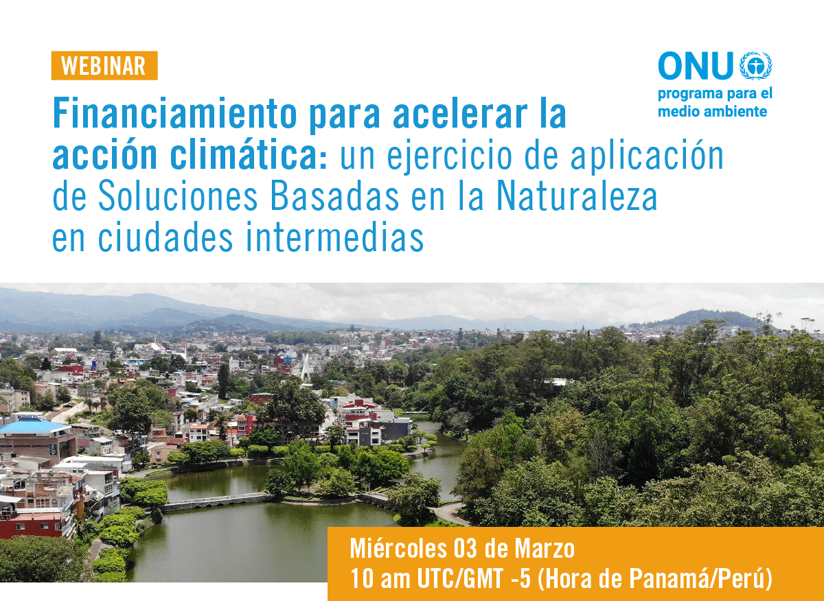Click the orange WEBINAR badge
click(104, 65)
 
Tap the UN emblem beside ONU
click(755, 66)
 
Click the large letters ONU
click(696, 66)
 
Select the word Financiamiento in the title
click(174, 112)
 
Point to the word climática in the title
click(249, 155)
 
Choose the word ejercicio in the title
click(450, 157)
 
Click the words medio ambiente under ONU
click(712, 111)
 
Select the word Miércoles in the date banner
click(398, 548)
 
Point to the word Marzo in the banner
click(545, 549)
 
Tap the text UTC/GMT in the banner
click(460, 578)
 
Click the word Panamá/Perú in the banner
click(700, 578)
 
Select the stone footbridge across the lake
click(218, 502)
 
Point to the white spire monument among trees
click(305, 368)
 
